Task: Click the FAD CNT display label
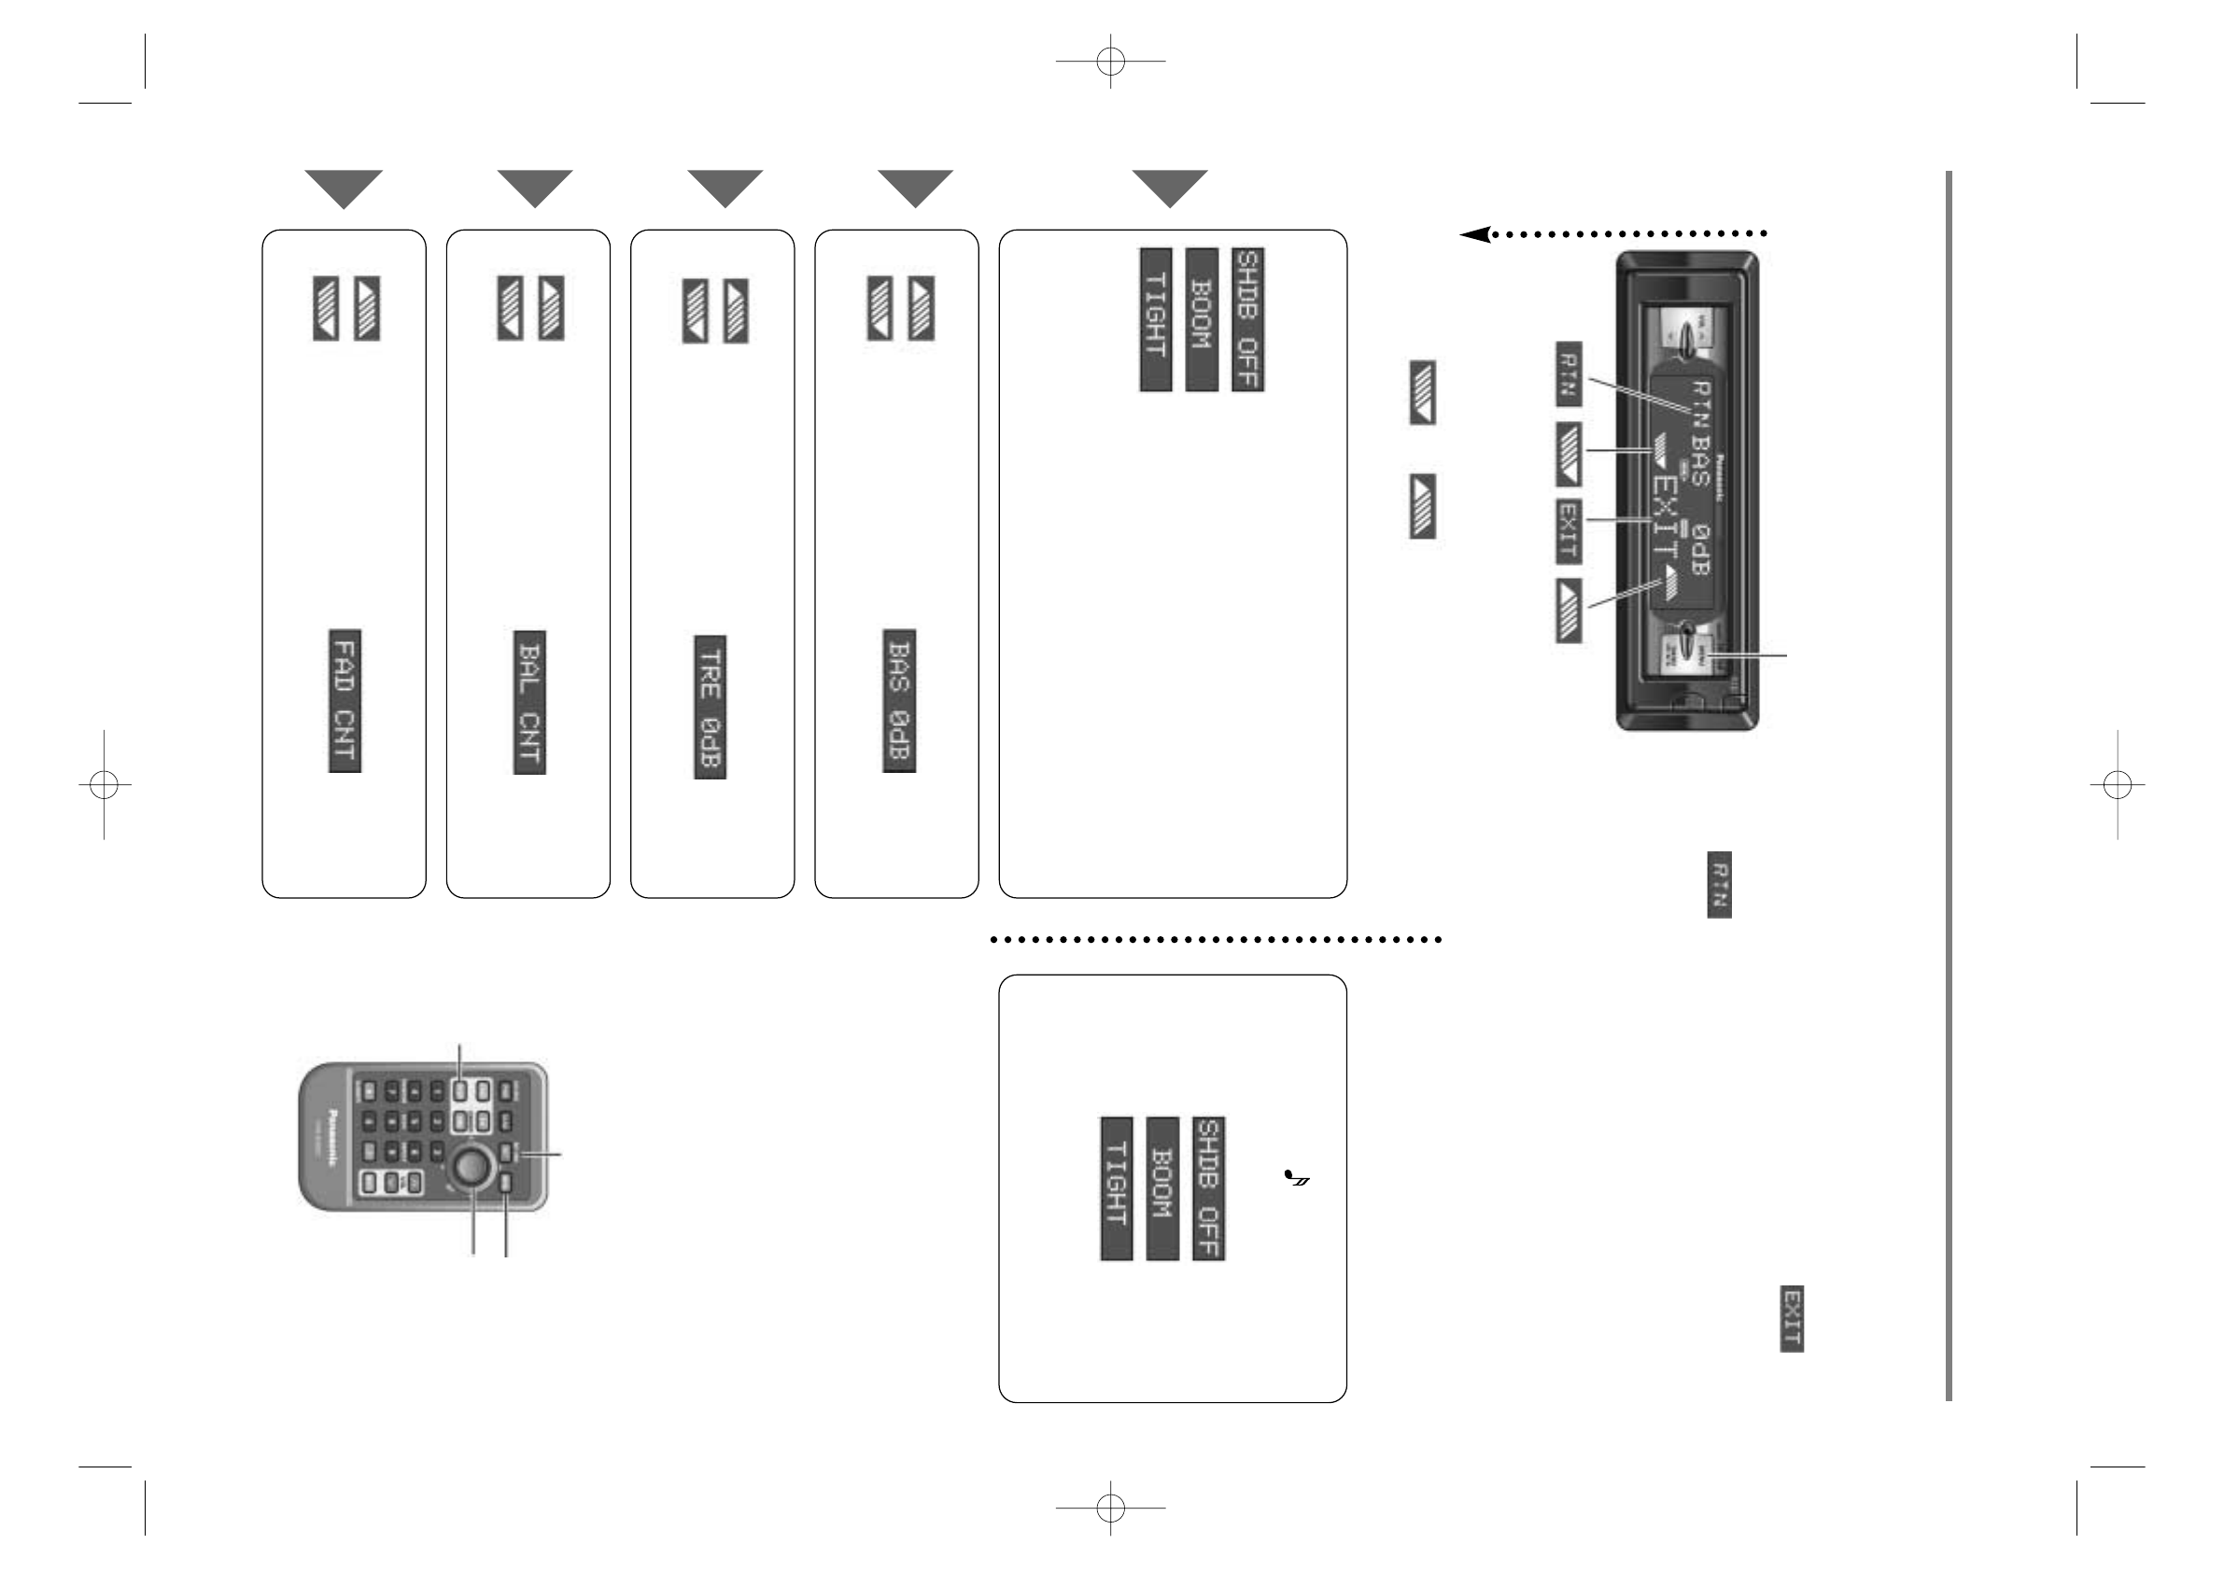(345, 700)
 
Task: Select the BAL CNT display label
(529, 702)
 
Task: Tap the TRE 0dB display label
(710, 706)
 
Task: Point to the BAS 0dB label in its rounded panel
(899, 700)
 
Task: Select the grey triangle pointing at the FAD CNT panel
(344, 188)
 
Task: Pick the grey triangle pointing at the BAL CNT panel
(535, 188)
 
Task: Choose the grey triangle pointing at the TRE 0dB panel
(725, 188)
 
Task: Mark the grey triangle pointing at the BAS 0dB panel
(915, 188)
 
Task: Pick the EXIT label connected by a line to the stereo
(1569, 531)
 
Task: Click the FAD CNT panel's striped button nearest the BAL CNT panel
(367, 308)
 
